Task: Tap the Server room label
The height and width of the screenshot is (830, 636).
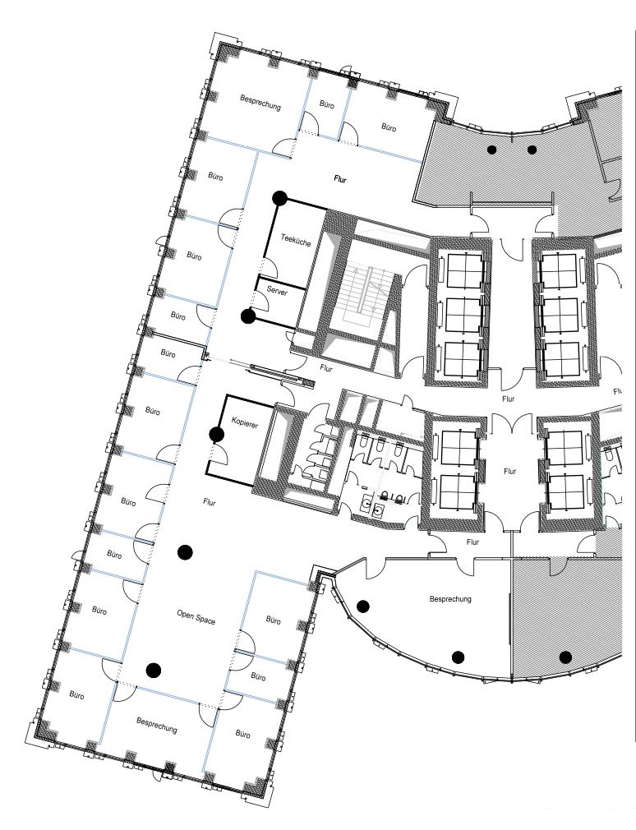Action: (277, 291)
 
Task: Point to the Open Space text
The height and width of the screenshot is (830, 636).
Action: (196, 616)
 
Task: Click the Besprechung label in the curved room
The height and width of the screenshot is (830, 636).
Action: (450, 599)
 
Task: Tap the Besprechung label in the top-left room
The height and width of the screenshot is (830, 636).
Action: (260, 101)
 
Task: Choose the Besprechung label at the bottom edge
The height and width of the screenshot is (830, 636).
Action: (157, 725)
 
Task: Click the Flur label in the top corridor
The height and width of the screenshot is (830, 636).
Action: (340, 179)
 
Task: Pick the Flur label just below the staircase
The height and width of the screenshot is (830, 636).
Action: (326, 368)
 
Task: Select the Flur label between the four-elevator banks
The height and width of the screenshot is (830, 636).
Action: (510, 471)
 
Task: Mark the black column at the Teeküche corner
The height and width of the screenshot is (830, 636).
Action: (280, 199)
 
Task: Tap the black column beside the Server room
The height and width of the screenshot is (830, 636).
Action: (248, 316)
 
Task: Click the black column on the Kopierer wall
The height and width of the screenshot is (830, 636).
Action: (216, 435)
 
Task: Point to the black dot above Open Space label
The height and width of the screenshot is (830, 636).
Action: (185, 552)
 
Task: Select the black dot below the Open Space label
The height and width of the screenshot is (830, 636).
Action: (154, 670)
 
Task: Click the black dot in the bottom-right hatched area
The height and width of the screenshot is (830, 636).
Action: (565, 657)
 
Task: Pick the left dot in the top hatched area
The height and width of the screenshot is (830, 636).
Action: (492, 150)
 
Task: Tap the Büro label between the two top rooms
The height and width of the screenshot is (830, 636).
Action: (327, 105)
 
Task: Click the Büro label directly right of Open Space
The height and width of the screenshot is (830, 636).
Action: (273, 620)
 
